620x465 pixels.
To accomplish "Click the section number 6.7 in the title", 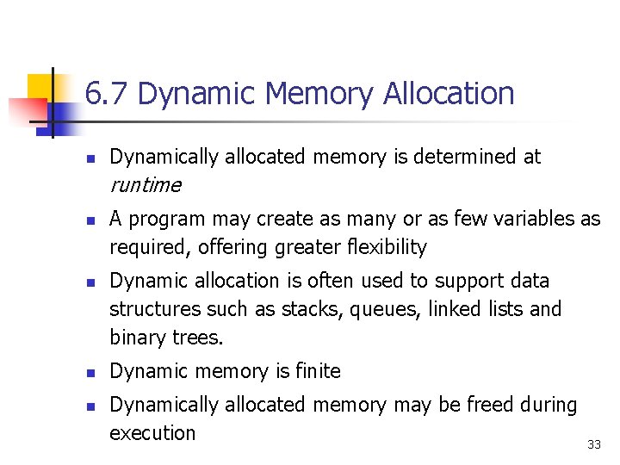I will pyautogui.click(x=108, y=93).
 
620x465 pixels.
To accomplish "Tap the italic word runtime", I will pyautogui.click(x=146, y=185).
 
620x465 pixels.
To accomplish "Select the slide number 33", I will pyautogui.click(x=593, y=444).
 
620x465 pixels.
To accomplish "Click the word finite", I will pyautogui.click(x=318, y=371).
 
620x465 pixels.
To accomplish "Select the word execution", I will pyautogui.click(x=152, y=433).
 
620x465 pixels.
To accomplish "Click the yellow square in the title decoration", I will pyautogui.click(x=40, y=86).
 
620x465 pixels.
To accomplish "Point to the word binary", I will pyautogui.click(x=138, y=338).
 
